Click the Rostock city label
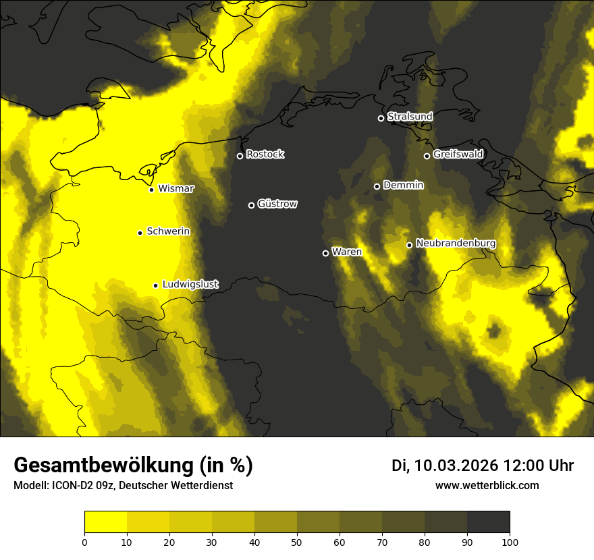[x=265, y=155]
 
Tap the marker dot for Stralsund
[x=381, y=118]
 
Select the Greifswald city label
[x=458, y=155]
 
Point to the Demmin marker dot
[x=377, y=186]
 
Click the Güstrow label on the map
[x=277, y=204]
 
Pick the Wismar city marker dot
[x=151, y=190]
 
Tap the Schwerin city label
[x=168, y=231]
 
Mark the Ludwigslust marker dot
[x=155, y=285]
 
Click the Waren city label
[x=346, y=252]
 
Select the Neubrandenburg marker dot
[x=409, y=245]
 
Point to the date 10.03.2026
[x=456, y=466]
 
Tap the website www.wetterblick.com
[x=487, y=485]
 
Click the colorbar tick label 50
[x=297, y=542]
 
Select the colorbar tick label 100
[x=510, y=542]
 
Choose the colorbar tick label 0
[x=84, y=542]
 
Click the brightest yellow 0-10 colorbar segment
[x=105, y=522]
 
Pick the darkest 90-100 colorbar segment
[x=488, y=522]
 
